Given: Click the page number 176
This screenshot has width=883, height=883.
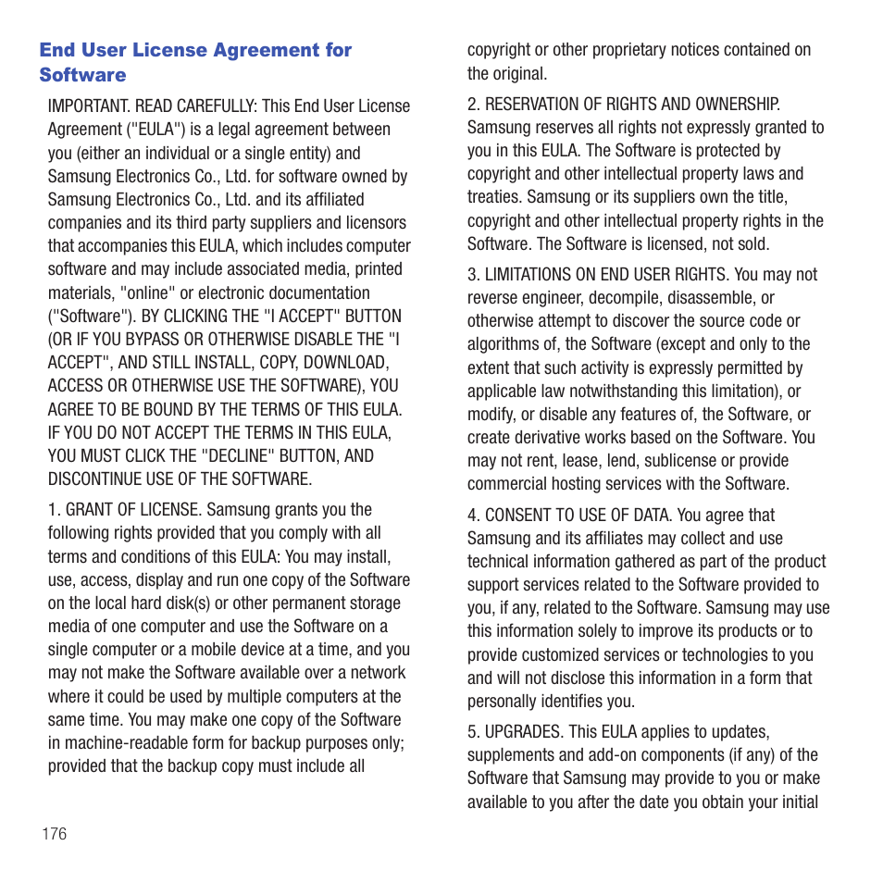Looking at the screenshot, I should pos(54,834).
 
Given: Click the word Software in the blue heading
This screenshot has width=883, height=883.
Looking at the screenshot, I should pos(82,75).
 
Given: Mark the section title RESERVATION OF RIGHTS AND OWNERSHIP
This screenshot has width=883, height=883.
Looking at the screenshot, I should pos(632,104).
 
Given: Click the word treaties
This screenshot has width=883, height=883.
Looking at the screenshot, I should pos(494,197).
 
